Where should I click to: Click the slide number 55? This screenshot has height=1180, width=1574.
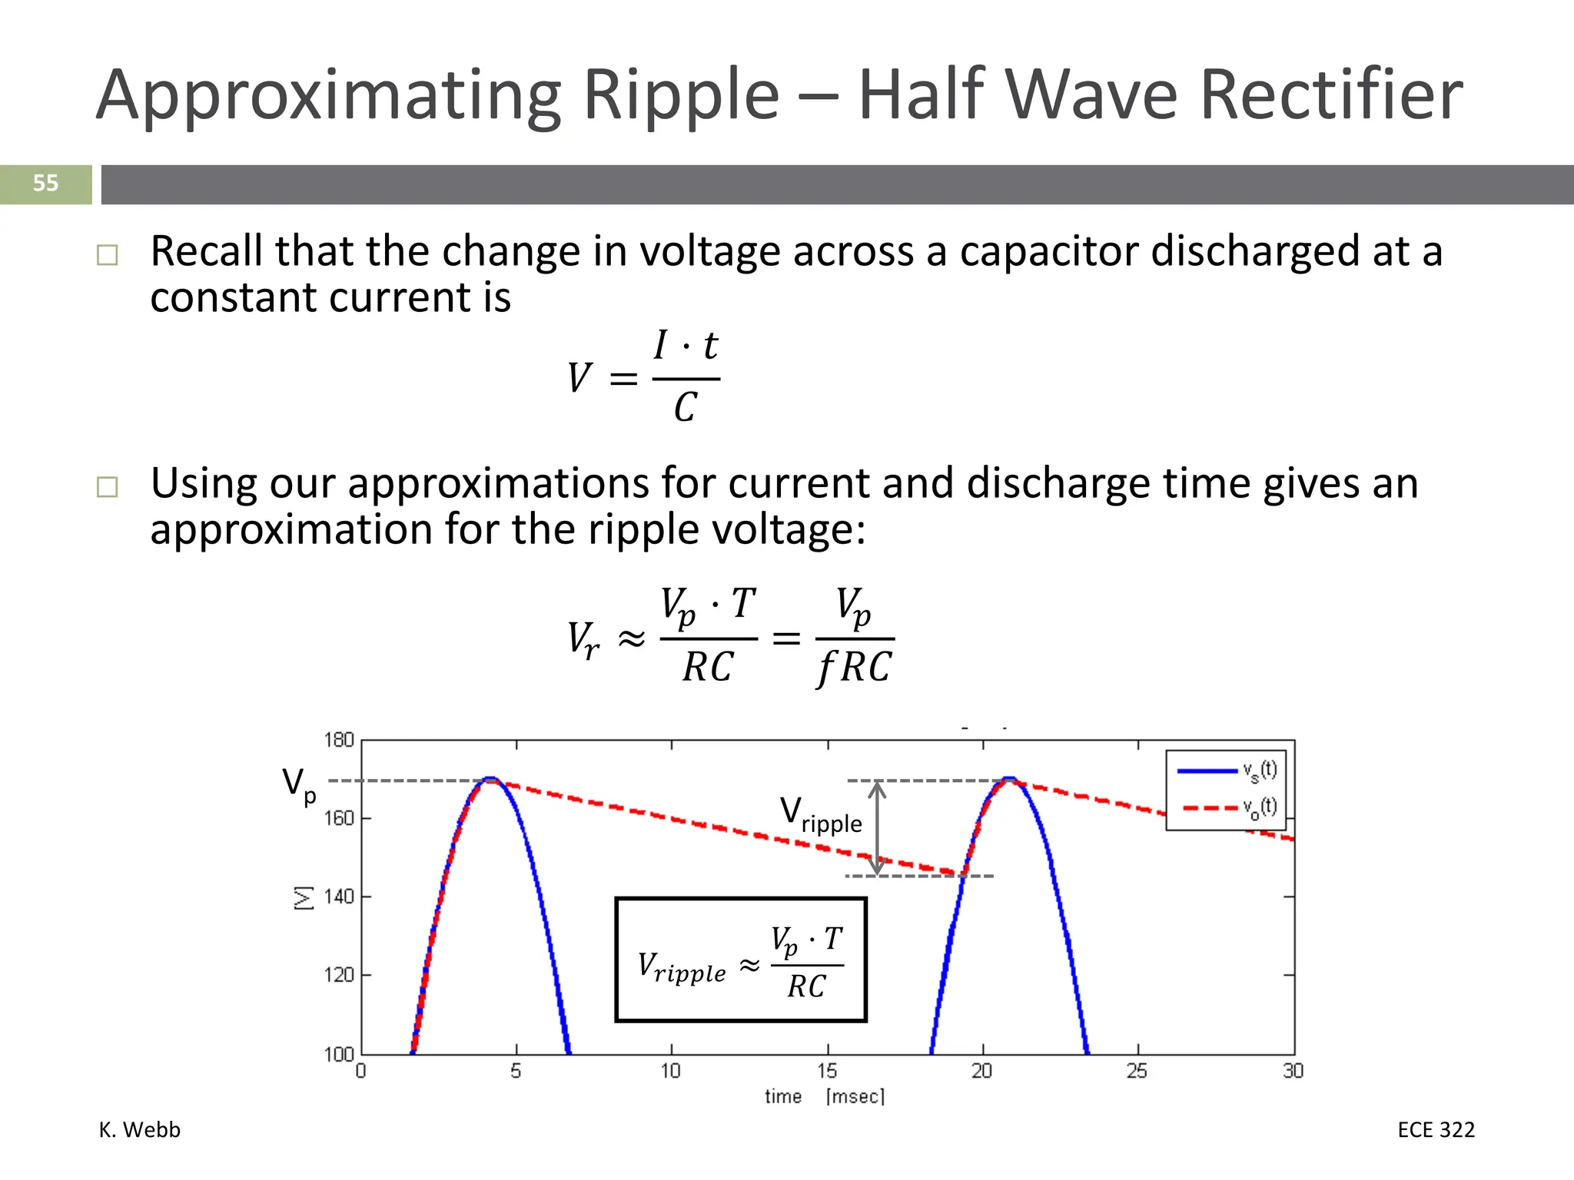45,184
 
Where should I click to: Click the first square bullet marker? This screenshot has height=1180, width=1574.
108,255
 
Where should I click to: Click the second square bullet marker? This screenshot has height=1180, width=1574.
108,487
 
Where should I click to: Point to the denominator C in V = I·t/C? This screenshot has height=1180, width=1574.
686,407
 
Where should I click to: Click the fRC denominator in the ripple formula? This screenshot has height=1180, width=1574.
854,667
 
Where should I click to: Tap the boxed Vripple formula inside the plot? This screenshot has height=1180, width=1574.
741,960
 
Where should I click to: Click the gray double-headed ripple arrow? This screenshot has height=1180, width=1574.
877,828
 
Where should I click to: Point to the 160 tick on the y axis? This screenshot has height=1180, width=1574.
338,818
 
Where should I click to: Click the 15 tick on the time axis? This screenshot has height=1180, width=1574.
827,1071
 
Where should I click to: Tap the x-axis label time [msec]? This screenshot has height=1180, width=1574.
824,1096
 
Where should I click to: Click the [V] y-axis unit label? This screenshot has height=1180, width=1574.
304,897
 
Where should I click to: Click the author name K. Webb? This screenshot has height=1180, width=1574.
140,1130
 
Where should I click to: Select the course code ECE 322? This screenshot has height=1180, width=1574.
1436,1130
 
